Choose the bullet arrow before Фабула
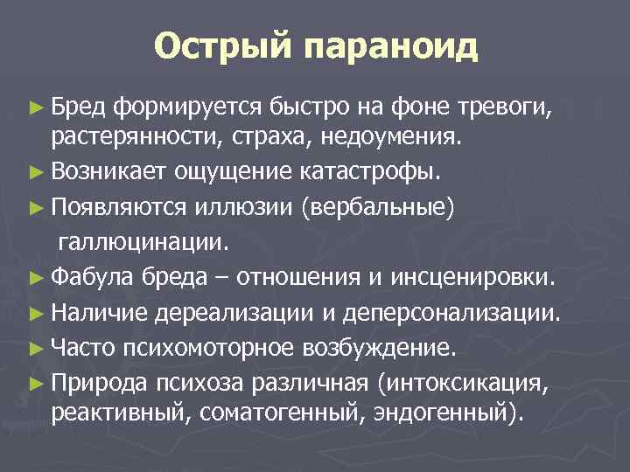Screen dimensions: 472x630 pyautogui.click(x=36, y=279)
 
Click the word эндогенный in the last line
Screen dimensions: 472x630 pyautogui.click(x=447, y=411)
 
